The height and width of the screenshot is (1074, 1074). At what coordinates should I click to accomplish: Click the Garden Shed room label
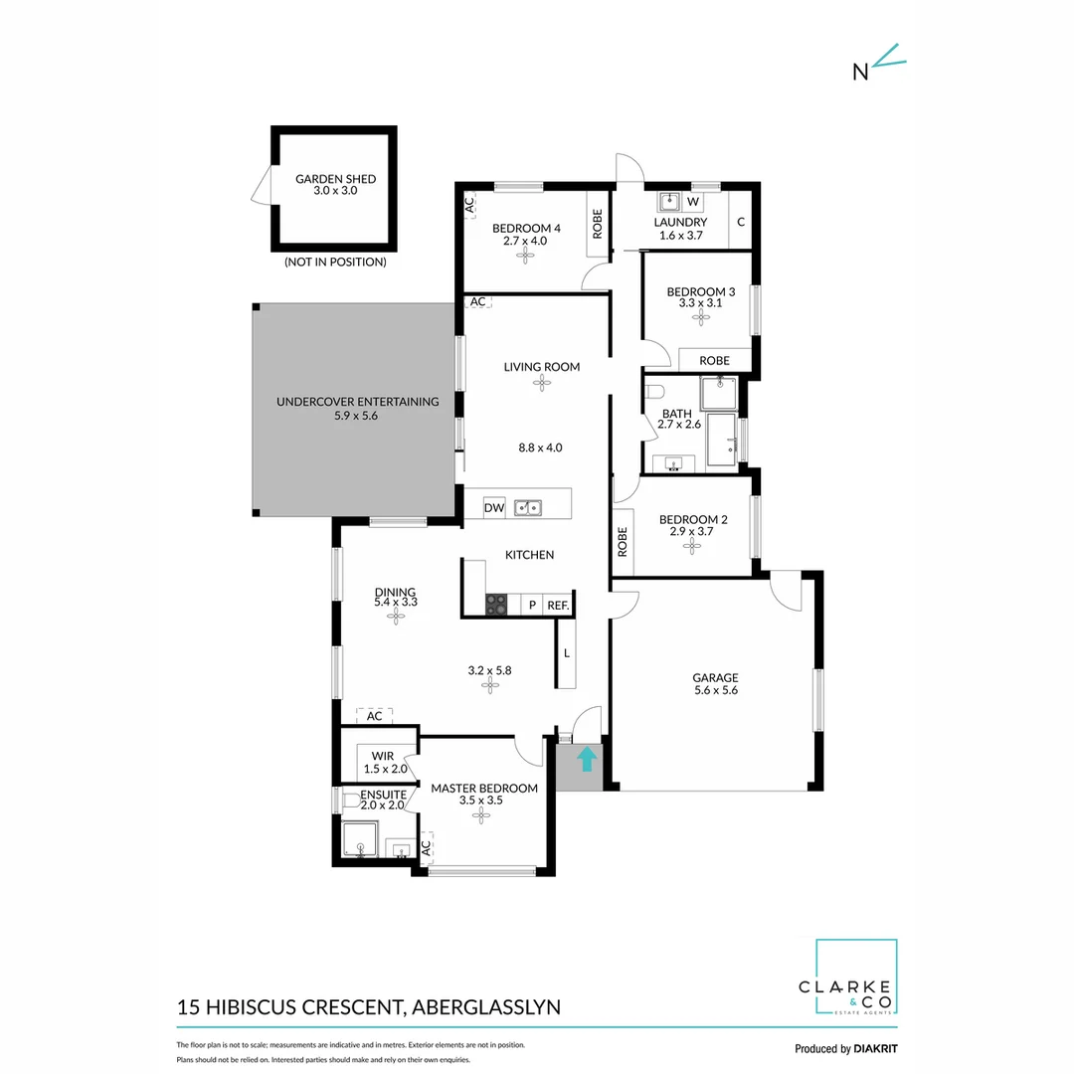tap(335, 179)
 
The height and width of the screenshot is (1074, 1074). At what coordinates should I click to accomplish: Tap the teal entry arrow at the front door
tap(587, 760)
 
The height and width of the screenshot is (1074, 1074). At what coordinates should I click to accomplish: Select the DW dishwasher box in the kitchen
tap(494, 508)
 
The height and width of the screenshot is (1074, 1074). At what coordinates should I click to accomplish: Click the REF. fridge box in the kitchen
tap(557, 605)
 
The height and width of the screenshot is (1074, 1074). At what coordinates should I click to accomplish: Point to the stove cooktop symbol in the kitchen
tap(496, 604)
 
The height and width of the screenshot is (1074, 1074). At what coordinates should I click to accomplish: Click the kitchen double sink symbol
tap(527, 508)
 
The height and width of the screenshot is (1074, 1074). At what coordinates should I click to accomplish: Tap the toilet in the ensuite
tap(349, 800)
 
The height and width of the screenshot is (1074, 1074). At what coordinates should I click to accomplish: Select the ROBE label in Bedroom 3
tap(714, 360)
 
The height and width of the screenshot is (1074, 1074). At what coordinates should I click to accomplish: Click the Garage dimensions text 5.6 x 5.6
tap(715, 690)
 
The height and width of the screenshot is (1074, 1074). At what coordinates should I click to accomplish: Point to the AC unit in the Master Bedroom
tap(427, 848)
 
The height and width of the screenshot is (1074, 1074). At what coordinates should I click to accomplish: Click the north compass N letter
tap(860, 71)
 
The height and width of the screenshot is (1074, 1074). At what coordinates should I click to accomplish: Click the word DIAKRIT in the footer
tap(876, 1048)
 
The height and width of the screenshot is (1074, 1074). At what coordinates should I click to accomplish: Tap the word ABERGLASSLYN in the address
tap(485, 1006)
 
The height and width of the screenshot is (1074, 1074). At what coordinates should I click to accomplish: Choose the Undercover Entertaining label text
tap(357, 402)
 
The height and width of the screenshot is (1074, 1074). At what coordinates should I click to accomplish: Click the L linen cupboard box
tap(566, 653)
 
